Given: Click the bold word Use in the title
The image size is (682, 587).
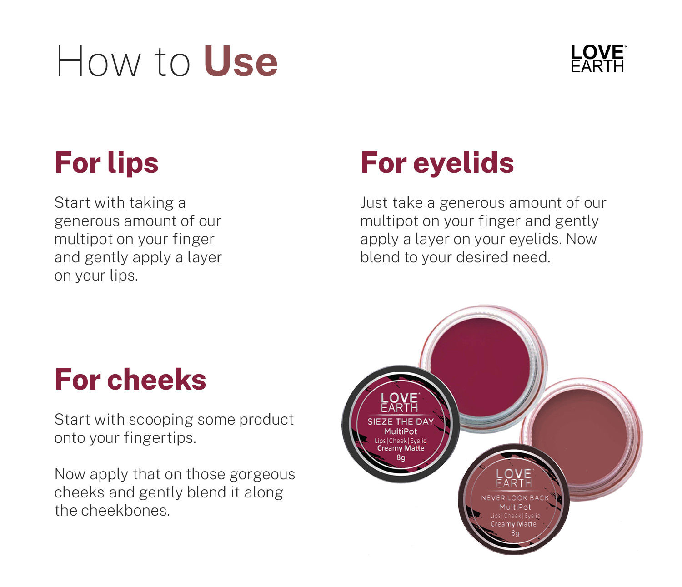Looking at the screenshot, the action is pyautogui.click(x=241, y=62).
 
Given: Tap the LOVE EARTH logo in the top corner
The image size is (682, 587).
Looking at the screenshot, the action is pyautogui.click(x=598, y=59).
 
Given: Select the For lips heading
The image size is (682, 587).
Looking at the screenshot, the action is pyautogui.click(x=106, y=163).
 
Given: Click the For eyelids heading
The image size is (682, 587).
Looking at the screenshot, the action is pyautogui.click(x=437, y=162).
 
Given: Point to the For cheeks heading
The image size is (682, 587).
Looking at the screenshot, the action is pyautogui.click(x=130, y=380).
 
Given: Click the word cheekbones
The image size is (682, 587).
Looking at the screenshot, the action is pyautogui.click(x=125, y=511).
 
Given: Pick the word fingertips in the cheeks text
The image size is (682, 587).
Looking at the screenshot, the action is pyautogui.click(x=160, y=438).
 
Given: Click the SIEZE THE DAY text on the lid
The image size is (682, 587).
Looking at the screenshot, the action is pyautogui.click(x=400, y=421).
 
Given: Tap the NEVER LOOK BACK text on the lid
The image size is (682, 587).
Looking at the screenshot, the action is pyautogui.click(x=515, y=498).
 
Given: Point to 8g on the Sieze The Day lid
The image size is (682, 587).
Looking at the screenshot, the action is pyautogui.click(x=401, y=458).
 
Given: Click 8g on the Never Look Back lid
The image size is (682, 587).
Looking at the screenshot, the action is pyautogui.click(x=515, y=533).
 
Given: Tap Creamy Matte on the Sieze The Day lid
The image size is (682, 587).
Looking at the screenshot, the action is pyautogui.click(x=401, y=448).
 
